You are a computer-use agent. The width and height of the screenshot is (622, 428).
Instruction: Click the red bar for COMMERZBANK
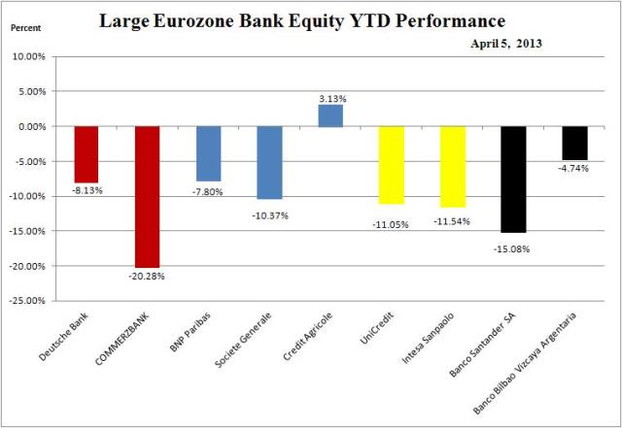point(148,196)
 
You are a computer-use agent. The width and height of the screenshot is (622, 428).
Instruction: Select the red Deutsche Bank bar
point(86,154)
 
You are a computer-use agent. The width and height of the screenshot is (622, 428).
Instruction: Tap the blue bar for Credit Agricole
point(330,115)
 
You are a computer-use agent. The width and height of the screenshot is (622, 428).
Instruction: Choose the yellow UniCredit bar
point(392,165)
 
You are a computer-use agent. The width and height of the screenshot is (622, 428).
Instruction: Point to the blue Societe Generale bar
point(269,162)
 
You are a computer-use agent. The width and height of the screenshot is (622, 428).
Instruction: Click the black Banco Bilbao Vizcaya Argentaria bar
point(574,143)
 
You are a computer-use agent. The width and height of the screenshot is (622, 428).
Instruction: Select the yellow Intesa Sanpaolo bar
point(453,166)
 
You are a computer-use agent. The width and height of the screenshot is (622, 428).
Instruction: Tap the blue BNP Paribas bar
point(208,153)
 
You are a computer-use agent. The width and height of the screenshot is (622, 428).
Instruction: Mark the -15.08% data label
point(513,248)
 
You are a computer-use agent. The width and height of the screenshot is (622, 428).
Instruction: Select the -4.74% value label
point(574,169)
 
